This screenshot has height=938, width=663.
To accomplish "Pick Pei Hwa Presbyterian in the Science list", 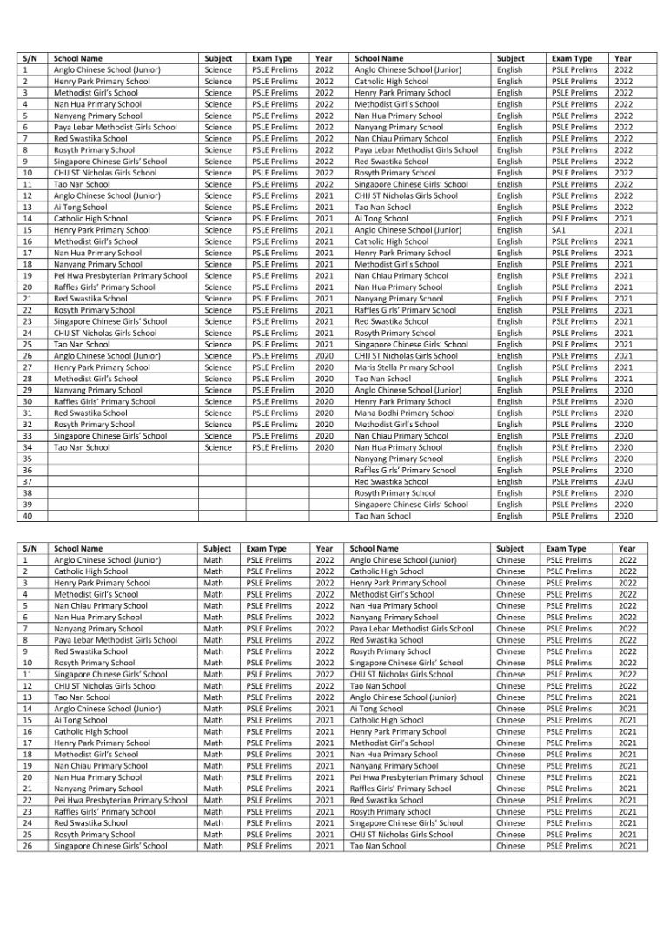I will tap(120, 275).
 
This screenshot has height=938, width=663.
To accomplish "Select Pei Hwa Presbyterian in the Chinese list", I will tap(416, 777).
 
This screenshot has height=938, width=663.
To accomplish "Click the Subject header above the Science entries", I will tap(218, 58).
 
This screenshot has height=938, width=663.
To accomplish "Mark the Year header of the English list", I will tap(622, 58).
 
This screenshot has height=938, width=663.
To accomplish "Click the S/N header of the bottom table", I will tap(30, 549).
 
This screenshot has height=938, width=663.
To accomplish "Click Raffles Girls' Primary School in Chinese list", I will tap(401, 789).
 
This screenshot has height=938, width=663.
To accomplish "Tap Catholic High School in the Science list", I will tap(90, 219).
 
